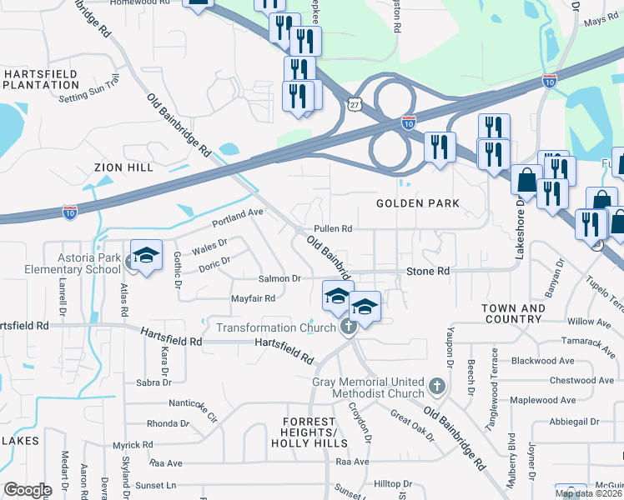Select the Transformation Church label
(276, 327)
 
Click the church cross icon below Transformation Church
(349, 327)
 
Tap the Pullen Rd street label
(333, 228)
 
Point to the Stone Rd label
(428, 271)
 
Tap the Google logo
(27, 490)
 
